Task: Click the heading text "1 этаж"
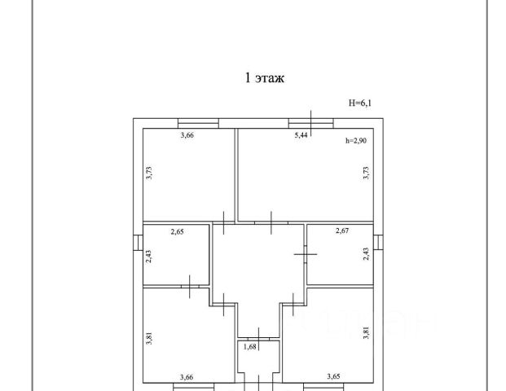click(263, 78)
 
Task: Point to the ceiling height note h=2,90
click(356, 141)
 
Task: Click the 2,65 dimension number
click(177, 232)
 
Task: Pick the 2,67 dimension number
click(342, 232)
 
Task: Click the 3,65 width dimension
click(333, 376)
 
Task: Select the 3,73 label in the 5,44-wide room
click(367, 174)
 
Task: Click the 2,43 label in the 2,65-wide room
click(148, 257)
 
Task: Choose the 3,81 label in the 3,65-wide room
click(366, 334)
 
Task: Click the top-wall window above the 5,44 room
click(311, 122)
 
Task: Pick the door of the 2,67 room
click(306, 255)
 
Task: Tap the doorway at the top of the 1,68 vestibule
click(258, 337)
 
